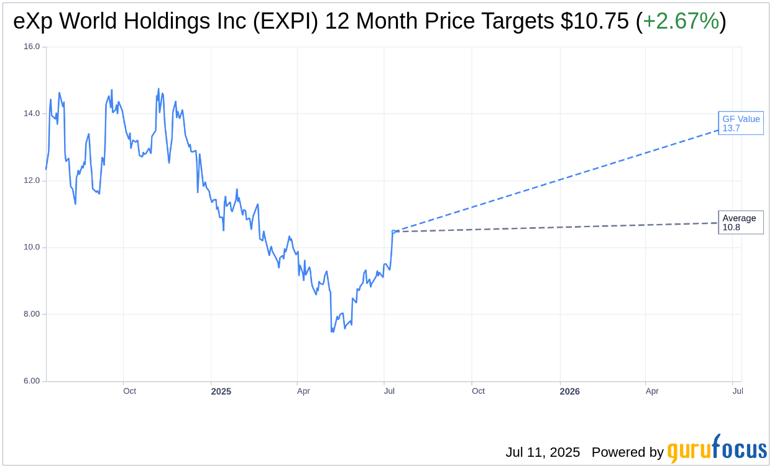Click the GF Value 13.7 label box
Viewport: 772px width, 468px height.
pyautogui.click(x=740, y=123)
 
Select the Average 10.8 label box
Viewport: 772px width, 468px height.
pyautogui.click(x=740, y=222)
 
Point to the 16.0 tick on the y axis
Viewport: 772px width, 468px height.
pyautogui.click(x=32, y=47)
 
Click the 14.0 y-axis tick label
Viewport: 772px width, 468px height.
pyautogui.click(x=32, y=113)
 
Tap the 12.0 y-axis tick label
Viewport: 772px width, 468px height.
pyautogui.click(x=32, y=180)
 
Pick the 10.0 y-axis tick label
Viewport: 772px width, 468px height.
pyautogui.click(x=32, y=247)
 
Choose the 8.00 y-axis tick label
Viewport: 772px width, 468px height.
pyautogui.click(x=32, y=314)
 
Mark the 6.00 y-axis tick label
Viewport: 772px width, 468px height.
pyautogui.click(x=32, y=381)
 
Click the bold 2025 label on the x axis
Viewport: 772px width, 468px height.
pyautogui.click(x=221, y=391)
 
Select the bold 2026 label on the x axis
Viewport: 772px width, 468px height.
pyautogui.click(x=569, y=391)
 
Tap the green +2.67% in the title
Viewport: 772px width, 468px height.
pyautogui.click(x=681, y=22)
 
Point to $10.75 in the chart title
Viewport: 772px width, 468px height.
pyautogui.click(x=594, y=22)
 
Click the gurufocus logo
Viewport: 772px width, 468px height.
pyautogui.click(x=717, y=450)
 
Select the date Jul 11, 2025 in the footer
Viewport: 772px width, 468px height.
pyautogui.click(x=543, y=452)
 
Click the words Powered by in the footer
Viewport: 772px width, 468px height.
pyautogui.click(x=627, y=452)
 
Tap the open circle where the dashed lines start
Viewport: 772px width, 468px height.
pyautogui.click(x=393, y=232)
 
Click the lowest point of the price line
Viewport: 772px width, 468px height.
pyautogui.click(x=333, y=332)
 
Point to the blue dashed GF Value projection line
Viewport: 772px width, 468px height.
pyautogui.click(x=559, y=180)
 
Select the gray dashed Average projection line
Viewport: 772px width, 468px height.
pyautogui.click(x=559, y=227)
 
